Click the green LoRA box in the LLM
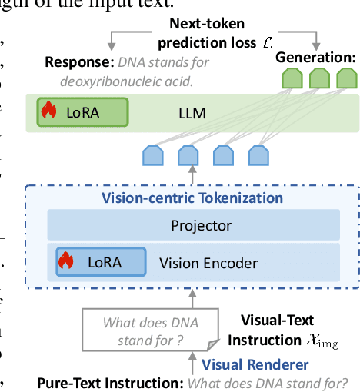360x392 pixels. pyautogui.click(x=82, y=112)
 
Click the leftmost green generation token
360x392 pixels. pyautogui.click(x=290, y=77)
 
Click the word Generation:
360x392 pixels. pyautogui.click(x=316, y=57)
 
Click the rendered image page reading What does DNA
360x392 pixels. pyautogui.click(x=142, y=331)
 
